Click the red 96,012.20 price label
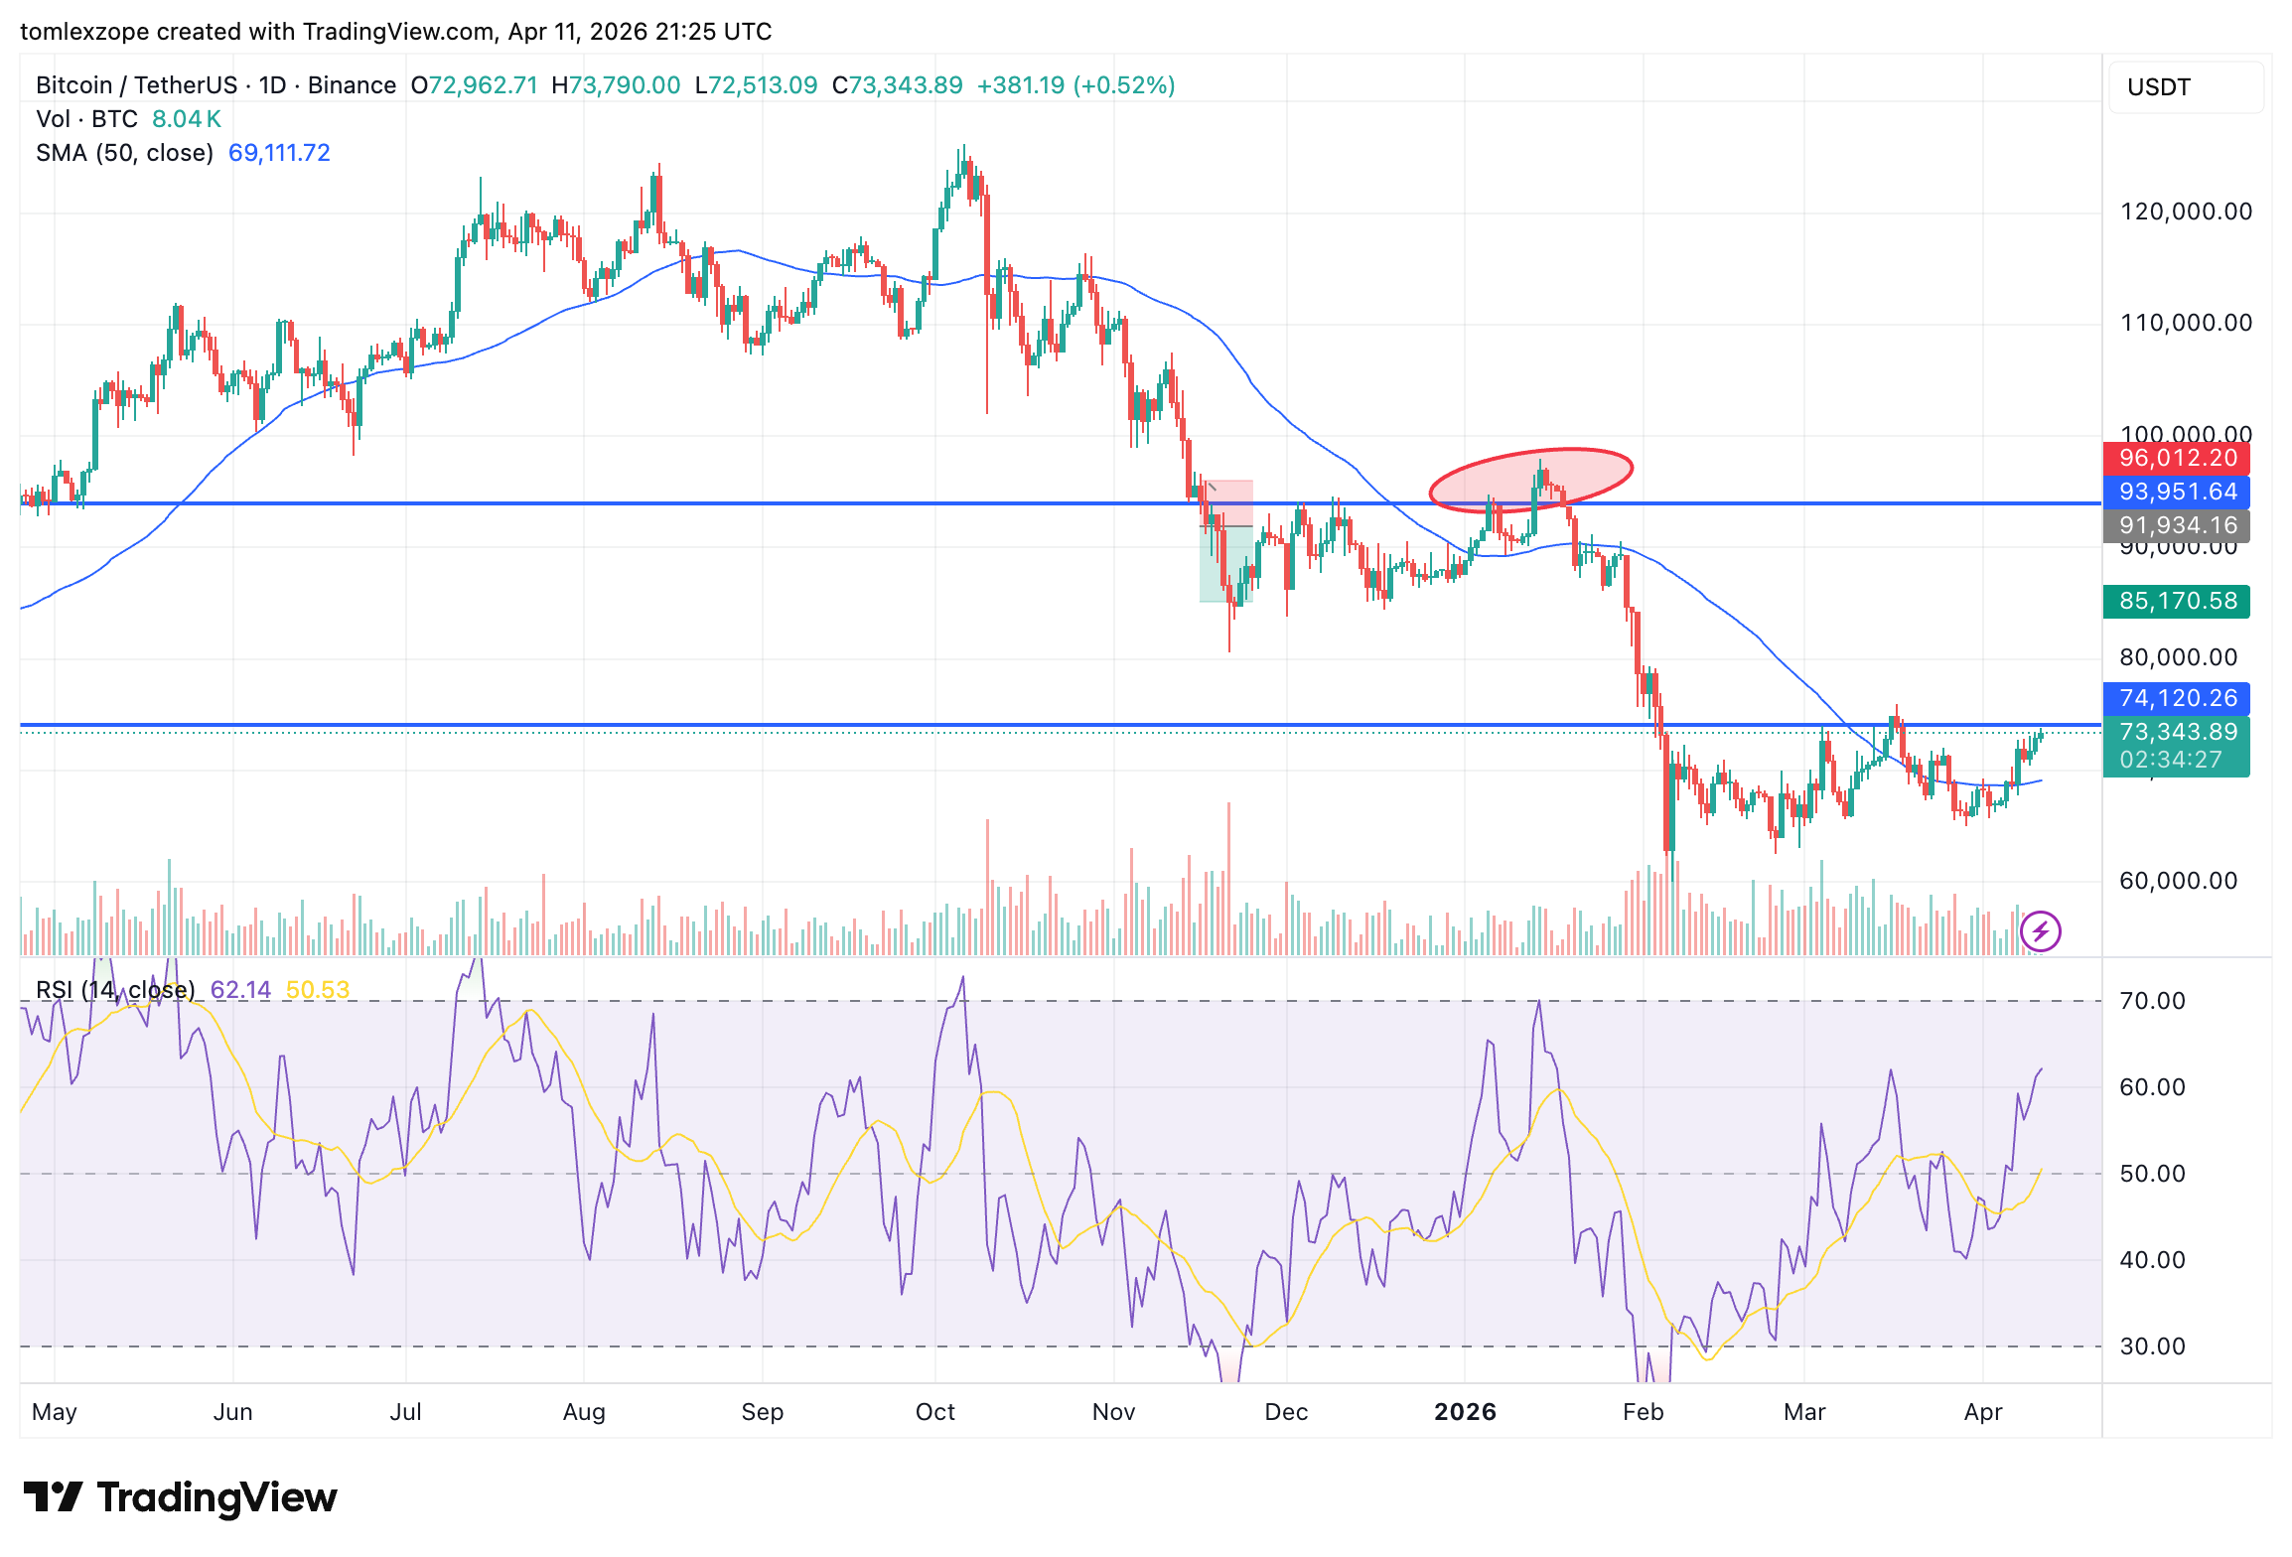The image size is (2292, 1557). click(x=2177, y=459)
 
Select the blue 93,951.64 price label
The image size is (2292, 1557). click(x=2177, y=493)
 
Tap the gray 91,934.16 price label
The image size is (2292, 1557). click(x=2177, y=526)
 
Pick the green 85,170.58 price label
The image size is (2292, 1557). click(x=2177, y=602)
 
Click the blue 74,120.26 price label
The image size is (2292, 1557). click(x=2177, y=699)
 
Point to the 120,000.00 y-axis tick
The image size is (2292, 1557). click(x=2186, y=212)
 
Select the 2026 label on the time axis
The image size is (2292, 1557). click(x=1465, y=1412)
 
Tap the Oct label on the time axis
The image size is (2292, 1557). click(x=934, y=1412)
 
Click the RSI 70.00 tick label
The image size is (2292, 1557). click(x=2153, y=1001)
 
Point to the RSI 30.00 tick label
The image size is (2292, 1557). click(x=2153, y=1346)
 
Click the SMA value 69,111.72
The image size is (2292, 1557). click(x=279, y=153)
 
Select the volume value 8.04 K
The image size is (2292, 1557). click(x=187, y=119)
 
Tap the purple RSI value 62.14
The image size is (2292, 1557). click(x=240, y=990)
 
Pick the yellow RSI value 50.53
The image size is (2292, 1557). click(x=318, y=990)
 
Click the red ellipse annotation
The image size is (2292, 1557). click(x=1530, y=479)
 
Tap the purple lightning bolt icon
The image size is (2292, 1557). click(x=2041, y=931)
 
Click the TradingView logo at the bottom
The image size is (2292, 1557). click(x=181, y=1497)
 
